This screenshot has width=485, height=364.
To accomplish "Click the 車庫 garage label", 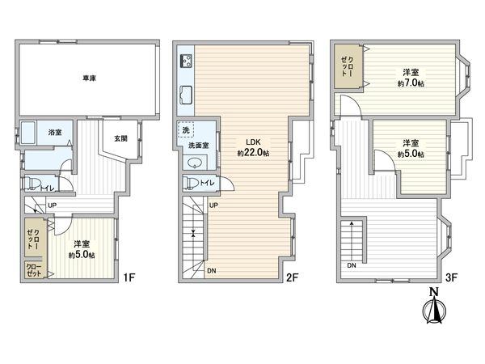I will pos(89,78).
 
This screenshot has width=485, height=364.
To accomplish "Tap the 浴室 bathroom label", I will pos(55,132).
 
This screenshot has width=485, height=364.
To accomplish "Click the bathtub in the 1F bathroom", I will pos(30,133).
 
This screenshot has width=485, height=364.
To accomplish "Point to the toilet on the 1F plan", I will pos(32,184).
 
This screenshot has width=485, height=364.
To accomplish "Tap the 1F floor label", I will pos(129,279).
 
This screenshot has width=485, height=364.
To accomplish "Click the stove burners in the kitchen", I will pos(184,60).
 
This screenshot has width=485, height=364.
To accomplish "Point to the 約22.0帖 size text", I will pos(253,153).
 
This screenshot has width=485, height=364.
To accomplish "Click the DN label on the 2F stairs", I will pos(211,270).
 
